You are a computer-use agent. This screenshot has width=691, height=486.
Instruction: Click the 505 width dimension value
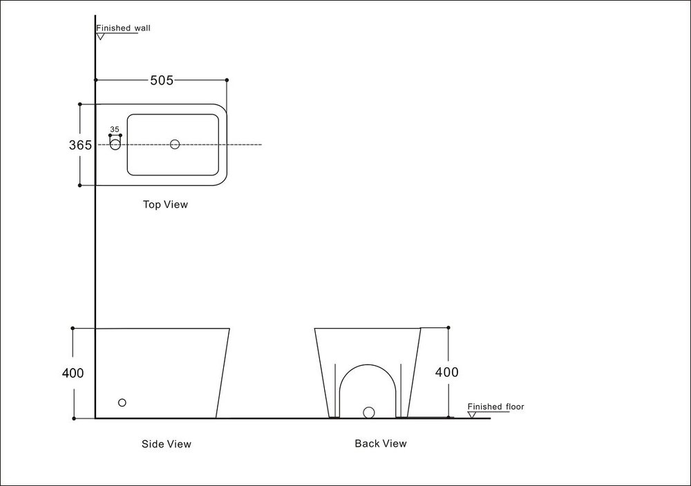coord(161,80)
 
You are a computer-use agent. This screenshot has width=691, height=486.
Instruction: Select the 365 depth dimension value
coord(80,145)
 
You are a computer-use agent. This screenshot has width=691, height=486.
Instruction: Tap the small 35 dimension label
coord(115,129)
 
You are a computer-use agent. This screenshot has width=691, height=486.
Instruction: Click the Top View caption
coord(165,204)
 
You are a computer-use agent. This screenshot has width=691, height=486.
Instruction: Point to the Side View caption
coord(166,444)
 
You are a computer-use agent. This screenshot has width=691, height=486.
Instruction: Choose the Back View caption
coord(381,443)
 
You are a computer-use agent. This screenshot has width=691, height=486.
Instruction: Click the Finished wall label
coord(123,28)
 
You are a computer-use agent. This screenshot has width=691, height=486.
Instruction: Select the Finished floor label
coord(495,407)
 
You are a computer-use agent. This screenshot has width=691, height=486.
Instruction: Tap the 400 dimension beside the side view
coord(73,373)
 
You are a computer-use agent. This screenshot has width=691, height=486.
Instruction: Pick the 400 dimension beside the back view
coord(446,372)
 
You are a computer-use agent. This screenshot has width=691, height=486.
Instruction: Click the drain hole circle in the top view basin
coord(175,144)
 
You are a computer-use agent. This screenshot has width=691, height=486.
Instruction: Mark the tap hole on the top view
coord(115,144)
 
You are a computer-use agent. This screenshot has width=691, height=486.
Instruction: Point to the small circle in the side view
coord(122,402)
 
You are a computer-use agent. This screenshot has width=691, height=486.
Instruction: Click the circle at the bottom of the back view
coord(368,412)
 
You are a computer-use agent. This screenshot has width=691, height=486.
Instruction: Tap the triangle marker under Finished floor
coord(472,415)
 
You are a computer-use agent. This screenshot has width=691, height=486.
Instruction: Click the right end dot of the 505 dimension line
coord(227,80)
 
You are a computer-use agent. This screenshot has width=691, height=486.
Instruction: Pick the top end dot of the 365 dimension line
coord(80,104)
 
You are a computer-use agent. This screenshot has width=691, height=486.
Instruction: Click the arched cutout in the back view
coord(368,387)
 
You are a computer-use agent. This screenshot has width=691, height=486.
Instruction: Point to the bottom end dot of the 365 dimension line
coord(80,185)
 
